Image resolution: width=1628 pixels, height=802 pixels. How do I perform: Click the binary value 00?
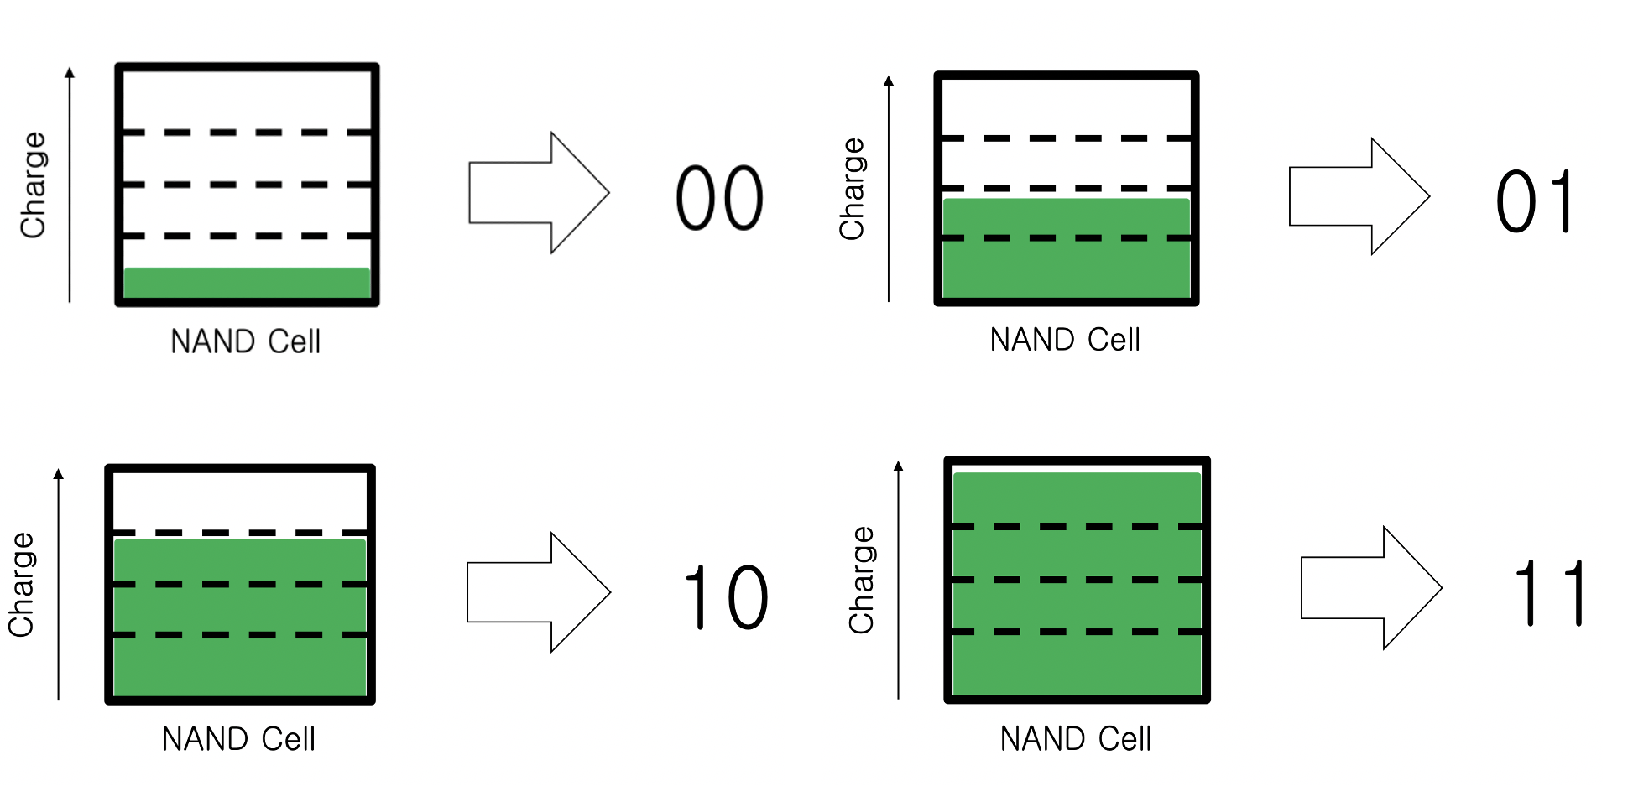(719, 198)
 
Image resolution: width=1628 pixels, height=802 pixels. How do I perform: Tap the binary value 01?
(1533, 201)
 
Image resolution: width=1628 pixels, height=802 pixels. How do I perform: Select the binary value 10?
(726, 596)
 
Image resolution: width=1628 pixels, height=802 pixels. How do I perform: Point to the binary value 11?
(1550, 593)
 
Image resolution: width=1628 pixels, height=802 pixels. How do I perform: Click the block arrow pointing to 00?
(538, 192)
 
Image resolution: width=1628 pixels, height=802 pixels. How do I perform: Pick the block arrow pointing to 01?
(1358, 196)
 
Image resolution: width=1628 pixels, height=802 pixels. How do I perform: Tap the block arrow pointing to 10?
(538, 591)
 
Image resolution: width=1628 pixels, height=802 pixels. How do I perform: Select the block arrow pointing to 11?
(1370, 588)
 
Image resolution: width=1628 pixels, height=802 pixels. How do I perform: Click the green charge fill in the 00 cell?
(247, 283)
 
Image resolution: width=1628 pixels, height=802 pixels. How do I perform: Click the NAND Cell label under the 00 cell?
(245, 341)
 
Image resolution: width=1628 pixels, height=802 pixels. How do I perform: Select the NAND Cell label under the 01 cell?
(1065, 340)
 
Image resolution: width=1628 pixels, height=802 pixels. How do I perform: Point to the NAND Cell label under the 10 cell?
(238, 739)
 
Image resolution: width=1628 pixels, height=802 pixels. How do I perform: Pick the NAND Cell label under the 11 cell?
(1075, 739)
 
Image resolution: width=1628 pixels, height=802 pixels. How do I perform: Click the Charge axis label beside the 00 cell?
(33, 185)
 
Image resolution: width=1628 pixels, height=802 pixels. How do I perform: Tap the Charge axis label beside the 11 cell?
(861, 580)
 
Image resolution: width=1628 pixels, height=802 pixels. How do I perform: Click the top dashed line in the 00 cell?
(247, 133)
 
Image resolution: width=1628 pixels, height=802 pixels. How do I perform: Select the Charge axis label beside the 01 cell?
(852, 189)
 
